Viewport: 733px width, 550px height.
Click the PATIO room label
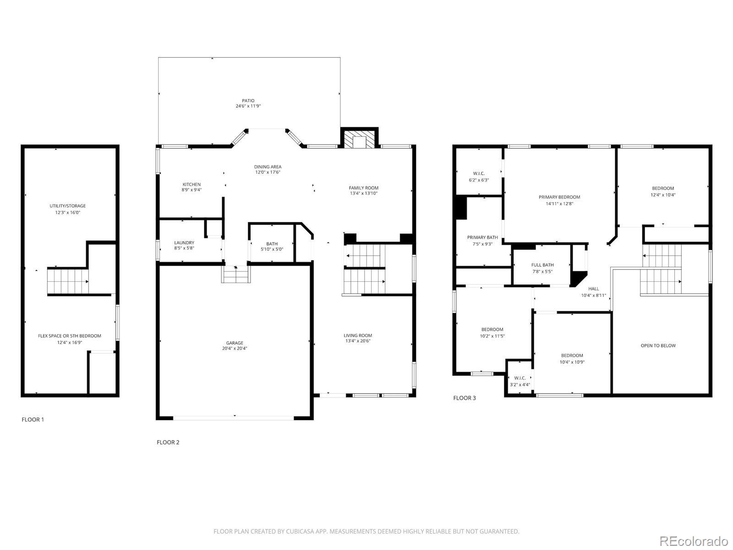click(248, 100)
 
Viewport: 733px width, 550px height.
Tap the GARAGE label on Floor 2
click(235, 343)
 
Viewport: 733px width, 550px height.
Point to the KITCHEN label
click(191, 184)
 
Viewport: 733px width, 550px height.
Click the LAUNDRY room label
click(184, 243)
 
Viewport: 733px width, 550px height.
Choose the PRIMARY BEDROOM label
click(559, 197)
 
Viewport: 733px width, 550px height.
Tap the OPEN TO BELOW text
click(658, 346)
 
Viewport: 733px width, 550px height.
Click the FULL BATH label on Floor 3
click(542, 265)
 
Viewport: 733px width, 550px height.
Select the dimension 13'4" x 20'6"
click(358, 341)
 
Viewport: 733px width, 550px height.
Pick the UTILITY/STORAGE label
click(68, 206)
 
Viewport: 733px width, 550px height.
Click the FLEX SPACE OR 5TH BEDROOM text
click(70, 336)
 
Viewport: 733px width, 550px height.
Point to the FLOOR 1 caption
click(33, 419)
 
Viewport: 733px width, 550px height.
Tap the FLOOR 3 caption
click(465, 398)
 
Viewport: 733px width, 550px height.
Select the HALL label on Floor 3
click(593, 289)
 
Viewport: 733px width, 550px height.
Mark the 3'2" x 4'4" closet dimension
click(520, 385)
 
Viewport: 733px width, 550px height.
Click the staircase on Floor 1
click(68, 281)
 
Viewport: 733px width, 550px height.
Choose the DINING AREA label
click(268, 167)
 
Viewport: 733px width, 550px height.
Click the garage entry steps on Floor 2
click(236, 274)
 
